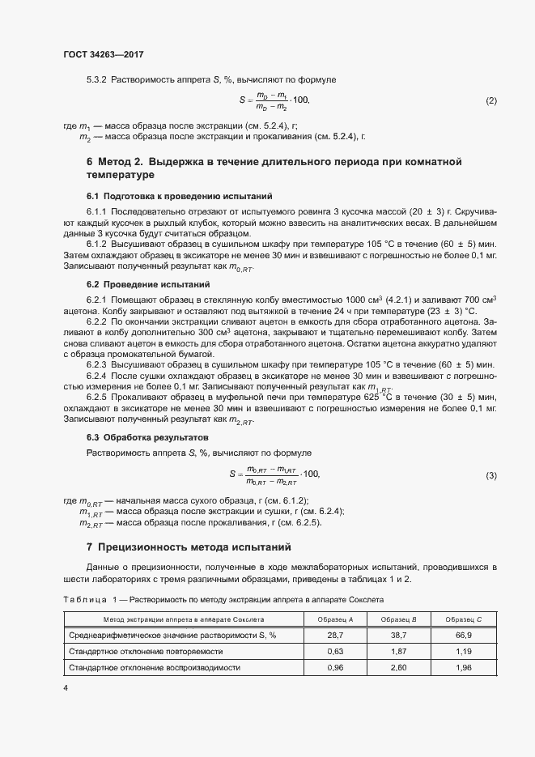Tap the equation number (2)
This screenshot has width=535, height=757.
click(x=490, y=100)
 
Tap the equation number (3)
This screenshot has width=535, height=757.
click(x=490, y=474)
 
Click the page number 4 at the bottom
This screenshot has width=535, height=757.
click(x=66, y=688)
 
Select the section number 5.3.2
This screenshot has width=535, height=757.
click(x=96, y=79)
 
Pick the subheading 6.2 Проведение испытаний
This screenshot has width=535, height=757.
click(x=148, y=285)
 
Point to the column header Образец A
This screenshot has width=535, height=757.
click(x=329, y=620)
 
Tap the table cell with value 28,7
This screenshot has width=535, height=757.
click(x=329, y=636)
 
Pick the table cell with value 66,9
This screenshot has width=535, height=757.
click(x=465, y=636)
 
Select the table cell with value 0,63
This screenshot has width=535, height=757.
click(x=329, y=652)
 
